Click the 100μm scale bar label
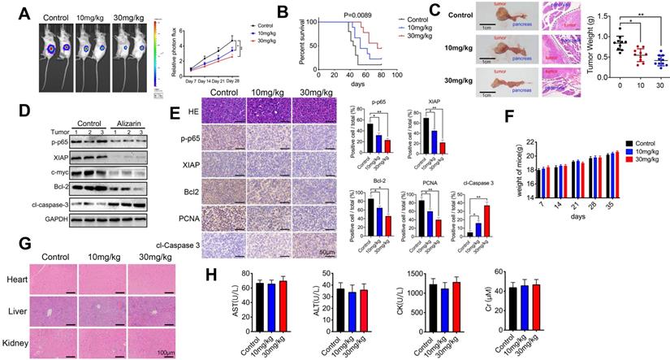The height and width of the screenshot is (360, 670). [x=167, y=353]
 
